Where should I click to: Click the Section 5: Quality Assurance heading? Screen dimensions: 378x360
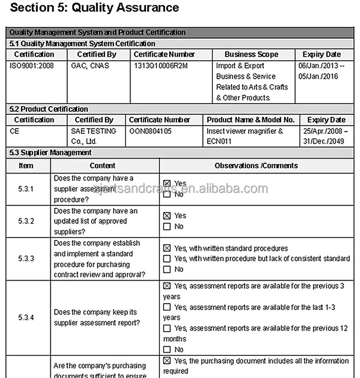(95, 8)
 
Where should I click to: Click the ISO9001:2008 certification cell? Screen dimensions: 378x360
(31, 66)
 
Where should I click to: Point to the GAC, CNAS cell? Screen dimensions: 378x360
(89, 66)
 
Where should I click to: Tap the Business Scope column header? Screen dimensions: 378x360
(251, 54)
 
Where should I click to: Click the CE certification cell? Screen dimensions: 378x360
(14, 131)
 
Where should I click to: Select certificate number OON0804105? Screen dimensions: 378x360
(150, 131)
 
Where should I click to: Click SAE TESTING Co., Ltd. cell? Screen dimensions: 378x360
(93, 136)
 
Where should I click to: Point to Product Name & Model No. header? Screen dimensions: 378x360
(250, 119)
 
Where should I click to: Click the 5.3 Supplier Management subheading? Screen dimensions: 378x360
(50, 152)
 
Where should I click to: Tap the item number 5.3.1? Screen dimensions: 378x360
(26, 189)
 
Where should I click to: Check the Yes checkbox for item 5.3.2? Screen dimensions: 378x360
(167, 216)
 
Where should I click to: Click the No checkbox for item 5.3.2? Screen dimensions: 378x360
(167, 227)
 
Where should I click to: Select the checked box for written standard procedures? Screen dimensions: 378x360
(167, 248)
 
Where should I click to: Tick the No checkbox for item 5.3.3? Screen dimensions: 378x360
(167, 269)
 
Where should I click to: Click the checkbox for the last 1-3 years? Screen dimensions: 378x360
(167, 307)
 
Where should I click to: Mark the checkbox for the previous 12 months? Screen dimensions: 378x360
(167, 328)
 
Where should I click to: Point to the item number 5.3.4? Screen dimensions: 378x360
(26, 318)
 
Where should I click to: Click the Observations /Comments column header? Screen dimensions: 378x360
(256, 165)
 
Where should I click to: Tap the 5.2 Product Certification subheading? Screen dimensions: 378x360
(49, 109)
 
